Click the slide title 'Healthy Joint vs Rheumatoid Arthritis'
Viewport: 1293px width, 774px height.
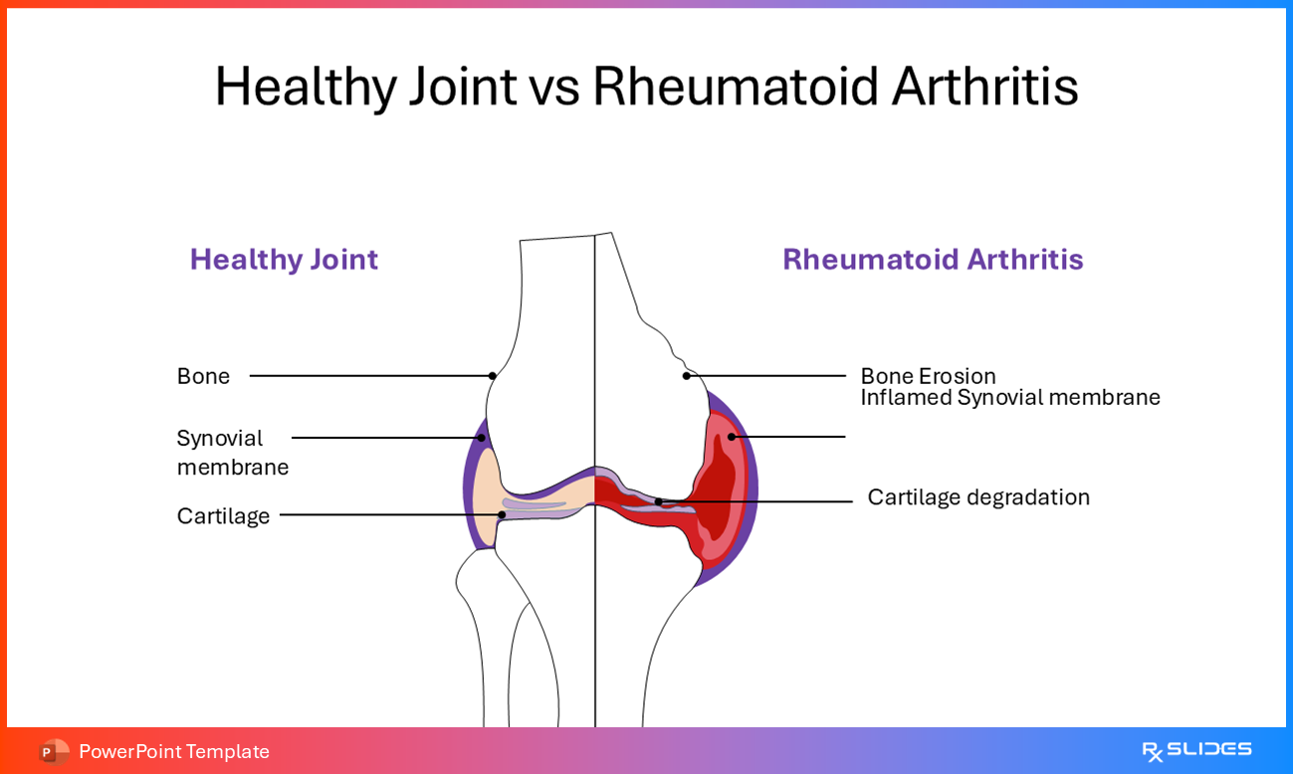point(646,87)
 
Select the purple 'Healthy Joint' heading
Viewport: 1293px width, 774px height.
point(284,260)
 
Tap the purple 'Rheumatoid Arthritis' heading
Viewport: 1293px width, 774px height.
point(932,260)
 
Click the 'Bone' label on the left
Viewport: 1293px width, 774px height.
point(203,376)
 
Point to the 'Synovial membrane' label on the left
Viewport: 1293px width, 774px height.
point(232,453)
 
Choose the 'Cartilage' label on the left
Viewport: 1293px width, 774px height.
point(223,516)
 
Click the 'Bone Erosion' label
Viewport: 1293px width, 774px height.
point(928,376)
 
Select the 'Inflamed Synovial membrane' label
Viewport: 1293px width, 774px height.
point(1009,398)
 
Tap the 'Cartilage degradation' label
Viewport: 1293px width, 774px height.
point(977,497)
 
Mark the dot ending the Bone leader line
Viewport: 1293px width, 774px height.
point(492,376)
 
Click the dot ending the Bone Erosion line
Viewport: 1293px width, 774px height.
point(686,376)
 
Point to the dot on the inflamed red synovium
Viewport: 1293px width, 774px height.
point(732,437)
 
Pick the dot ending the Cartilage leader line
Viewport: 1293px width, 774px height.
point(502,515)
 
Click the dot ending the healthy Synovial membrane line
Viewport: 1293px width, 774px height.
point(481,438)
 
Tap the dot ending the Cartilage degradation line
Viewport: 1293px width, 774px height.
point(658,501)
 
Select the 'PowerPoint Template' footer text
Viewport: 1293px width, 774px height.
point(174,751)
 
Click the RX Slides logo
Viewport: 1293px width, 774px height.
point(1196,750)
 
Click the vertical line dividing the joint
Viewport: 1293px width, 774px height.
point(595,617)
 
